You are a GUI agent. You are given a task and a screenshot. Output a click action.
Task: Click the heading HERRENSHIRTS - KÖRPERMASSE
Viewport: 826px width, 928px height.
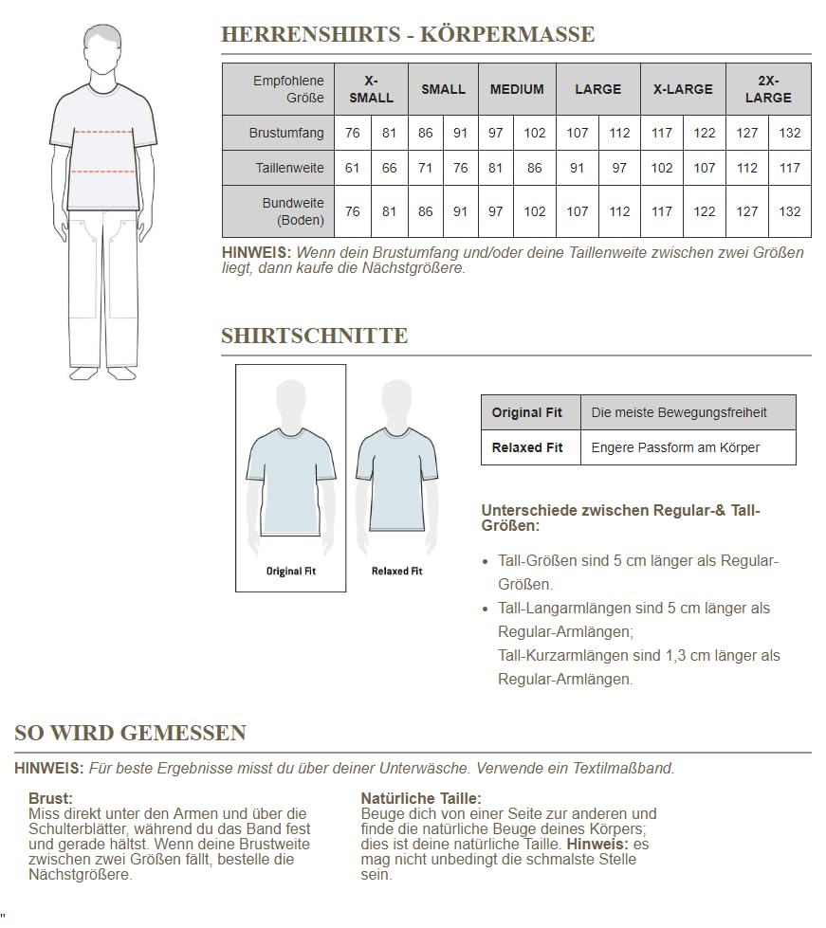[x=408, y=35]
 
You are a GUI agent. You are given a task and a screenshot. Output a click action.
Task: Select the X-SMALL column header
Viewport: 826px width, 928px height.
[x=371, y=89]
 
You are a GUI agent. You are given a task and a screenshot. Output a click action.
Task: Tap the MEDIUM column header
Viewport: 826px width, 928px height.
[x=517, y=89]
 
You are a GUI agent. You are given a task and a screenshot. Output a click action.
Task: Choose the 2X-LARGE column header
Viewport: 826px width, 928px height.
[x=768, y=89]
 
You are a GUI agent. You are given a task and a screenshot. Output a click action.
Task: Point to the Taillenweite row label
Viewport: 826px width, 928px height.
[x=290, y=168]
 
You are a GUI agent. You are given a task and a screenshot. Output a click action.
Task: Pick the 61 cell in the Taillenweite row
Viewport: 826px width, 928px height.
[x=353, y=168]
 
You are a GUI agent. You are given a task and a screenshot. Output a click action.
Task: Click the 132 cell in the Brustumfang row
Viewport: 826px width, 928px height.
[x=790, y=133]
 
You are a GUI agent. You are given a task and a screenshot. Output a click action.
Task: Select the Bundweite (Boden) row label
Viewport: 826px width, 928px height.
[x=293, y=211]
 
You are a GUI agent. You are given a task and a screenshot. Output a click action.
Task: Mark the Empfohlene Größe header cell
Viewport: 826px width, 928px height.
[x=288, y=89]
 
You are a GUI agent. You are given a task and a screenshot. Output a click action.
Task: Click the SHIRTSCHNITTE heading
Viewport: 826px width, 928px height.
[x=315, y=337]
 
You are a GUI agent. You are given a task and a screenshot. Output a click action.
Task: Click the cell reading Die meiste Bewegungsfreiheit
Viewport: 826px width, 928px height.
[x=679, y=412]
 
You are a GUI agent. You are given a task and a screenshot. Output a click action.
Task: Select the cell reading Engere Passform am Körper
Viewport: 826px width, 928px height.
[x=675, y=447]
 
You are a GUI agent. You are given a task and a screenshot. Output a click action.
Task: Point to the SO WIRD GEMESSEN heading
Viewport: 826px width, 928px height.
[x=131, y=733]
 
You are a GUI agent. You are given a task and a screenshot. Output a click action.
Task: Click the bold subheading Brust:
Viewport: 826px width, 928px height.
[x=50, y=799]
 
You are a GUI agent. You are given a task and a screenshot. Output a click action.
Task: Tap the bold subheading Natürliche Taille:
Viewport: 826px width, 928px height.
[x=421, y=799]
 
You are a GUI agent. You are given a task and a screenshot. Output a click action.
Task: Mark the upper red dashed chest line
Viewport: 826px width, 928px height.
[x=103, y=131]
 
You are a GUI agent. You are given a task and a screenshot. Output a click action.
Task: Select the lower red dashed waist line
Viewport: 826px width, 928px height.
[x=103, y=172]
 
